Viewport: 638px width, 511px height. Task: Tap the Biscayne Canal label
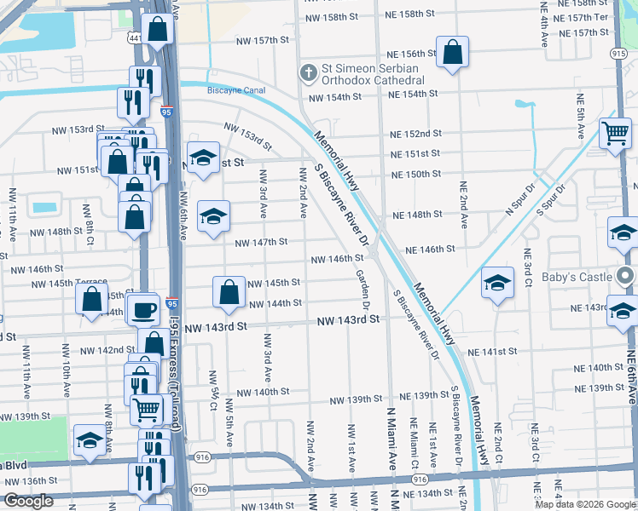pos(235,90)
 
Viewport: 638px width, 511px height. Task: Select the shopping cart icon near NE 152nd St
pos(614,132)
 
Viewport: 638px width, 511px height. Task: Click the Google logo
pos(28,501)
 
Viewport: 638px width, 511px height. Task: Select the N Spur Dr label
pos(519,200)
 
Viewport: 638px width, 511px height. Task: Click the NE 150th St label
pos(415,174)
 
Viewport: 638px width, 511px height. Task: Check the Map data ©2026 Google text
pos(584,504)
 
